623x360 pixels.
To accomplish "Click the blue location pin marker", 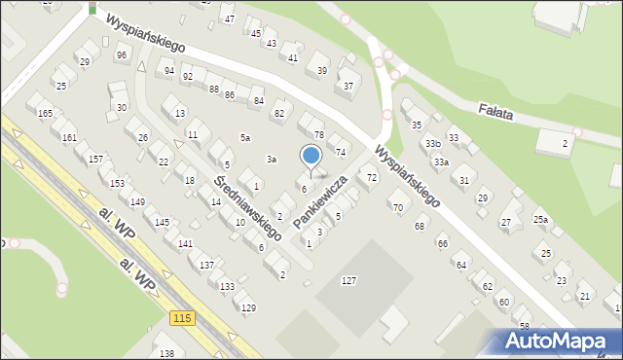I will click(311, 157).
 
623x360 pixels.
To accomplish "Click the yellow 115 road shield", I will click(181, 318).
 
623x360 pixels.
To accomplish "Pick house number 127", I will click(348, 280).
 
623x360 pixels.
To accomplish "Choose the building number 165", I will click(45, 114).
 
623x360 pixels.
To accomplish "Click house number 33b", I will click(432, 144).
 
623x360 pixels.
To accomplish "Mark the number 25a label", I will click(540, 220).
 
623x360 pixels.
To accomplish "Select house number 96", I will click(122, 55).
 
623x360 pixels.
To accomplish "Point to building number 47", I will click(229, 19).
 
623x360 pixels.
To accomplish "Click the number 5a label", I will click(246, 138).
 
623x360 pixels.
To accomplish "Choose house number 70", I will click(396, 208).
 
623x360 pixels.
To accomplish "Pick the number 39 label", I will click(322, 71).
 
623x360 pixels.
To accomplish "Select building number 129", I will click(248, 307).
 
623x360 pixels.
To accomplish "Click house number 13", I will click(180, 114).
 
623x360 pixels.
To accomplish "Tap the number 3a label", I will click(273, 159).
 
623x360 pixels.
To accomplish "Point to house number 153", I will click(117, 183).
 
